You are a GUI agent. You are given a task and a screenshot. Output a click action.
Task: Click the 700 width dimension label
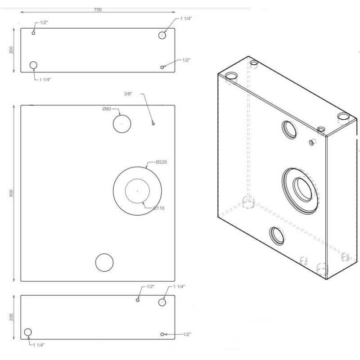(98, 9)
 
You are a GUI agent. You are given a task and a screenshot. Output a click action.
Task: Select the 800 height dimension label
(11, 193)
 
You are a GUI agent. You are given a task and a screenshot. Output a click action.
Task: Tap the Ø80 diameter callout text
(107, 109)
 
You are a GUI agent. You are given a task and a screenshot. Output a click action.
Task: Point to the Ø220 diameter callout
(162, 162)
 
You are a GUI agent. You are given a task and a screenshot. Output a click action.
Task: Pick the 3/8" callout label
(129, 94)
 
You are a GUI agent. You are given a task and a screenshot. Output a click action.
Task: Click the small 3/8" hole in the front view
(153, 123)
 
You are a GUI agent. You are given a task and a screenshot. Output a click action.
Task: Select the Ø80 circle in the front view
(121, 124)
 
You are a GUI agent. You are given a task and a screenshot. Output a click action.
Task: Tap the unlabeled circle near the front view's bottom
(104, 262)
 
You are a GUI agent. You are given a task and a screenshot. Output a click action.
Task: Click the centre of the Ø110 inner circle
(137, 191)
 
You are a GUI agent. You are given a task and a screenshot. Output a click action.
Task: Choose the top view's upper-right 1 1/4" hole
(163, 35)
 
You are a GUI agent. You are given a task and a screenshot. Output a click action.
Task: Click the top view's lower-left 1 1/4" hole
(33, 66)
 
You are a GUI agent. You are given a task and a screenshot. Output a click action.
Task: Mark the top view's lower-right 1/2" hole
(162, 67)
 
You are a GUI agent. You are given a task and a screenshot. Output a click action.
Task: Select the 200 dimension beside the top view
(11, 50)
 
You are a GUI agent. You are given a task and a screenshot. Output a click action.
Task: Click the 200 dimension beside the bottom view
(11, 317)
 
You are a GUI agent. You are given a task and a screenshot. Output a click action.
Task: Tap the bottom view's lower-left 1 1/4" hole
(28, 332)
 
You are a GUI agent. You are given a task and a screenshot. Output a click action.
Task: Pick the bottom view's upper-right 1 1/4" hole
(162, 302)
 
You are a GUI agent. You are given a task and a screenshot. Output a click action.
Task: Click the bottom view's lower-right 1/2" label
(187, 334)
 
